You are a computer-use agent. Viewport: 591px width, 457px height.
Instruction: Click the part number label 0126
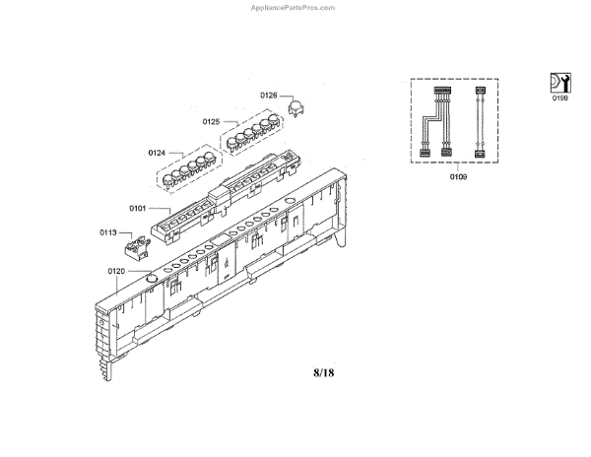coord(268,96)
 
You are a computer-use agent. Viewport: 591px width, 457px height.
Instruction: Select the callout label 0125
coord(211,122)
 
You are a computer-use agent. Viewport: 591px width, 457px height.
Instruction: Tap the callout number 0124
coord(157,154)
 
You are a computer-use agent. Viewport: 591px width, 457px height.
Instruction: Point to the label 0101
coord(137,208)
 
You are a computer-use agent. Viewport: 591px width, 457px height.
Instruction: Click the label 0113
coord(108,232)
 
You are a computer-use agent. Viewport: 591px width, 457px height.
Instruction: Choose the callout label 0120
coord(116,270)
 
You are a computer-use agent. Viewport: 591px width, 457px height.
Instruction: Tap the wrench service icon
coord(559,82)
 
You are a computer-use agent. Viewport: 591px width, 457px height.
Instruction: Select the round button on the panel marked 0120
coord(150,279)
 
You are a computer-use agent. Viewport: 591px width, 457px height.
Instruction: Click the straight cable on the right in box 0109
coord(480,122)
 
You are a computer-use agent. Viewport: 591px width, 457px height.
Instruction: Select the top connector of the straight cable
coord(480,92)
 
